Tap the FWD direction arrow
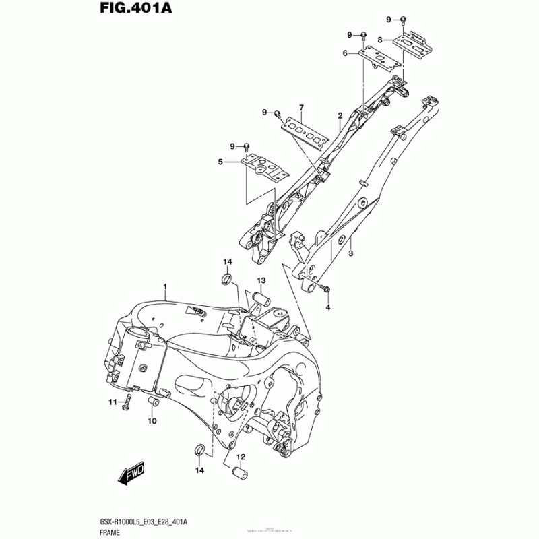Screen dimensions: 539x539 click(x=133, y=476)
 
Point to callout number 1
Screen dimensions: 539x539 click(x=165, y=288)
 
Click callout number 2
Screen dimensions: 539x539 click(x=340, y=115)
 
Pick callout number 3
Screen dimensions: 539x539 click(x=351, y=253)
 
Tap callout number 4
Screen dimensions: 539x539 click(x=329, y=308)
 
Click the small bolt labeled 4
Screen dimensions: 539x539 click(x=326, y=288)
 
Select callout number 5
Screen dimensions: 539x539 click(x=220, y=162)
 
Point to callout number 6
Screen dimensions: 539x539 click(x=344, y=53)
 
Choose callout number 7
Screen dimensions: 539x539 click(x=301, y=108)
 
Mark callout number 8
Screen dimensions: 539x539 click(x=380, y=40)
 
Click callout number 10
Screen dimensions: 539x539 click(x=152, y=421)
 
